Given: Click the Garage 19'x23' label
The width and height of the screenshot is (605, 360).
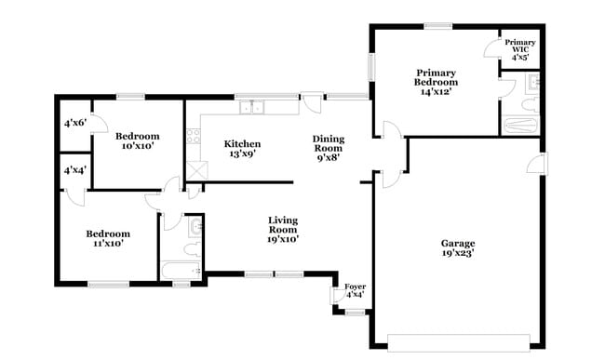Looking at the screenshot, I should coord(458,247).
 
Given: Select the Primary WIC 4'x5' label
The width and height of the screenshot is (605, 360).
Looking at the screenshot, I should coord(520,49).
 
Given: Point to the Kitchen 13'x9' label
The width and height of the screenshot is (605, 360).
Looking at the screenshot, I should coord(242,149).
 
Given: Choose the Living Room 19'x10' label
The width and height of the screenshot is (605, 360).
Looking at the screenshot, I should coord(283,229).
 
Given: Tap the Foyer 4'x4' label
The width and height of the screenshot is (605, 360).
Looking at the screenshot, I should coord(355,290).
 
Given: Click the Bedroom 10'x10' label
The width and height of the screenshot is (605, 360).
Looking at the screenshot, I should coord(138,140).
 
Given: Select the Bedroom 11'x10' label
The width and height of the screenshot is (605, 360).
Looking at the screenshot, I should coord(108,238).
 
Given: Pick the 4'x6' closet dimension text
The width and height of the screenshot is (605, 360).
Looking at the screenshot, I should coord(74,123).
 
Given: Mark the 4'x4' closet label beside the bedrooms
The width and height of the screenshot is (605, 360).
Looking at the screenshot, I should coord(74,171).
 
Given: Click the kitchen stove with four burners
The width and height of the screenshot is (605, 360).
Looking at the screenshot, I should coord(193,137).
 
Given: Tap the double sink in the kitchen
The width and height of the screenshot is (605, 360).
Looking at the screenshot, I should coord(251,107).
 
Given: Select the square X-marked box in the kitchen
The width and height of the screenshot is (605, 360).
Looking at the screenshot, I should coord(196,170).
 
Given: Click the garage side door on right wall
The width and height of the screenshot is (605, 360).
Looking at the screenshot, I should coord(536,165).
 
